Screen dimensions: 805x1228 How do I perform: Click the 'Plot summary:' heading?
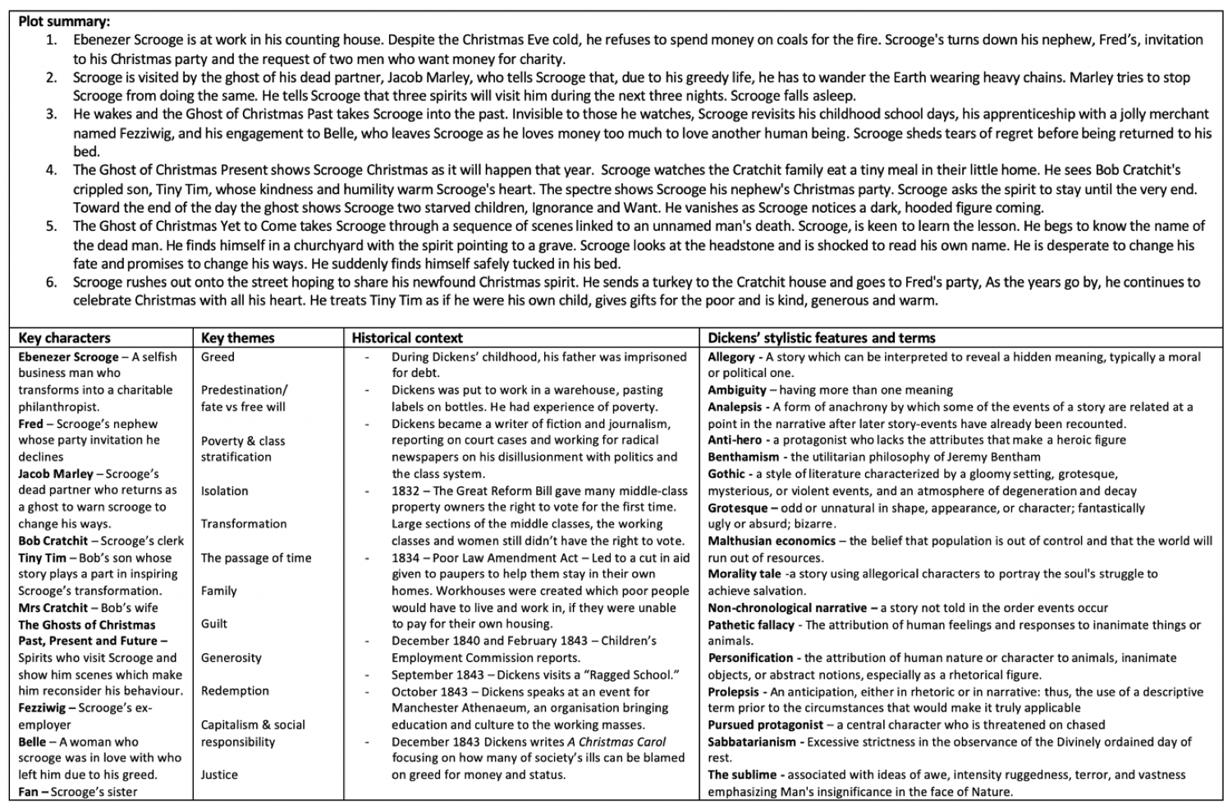tap(64, 22)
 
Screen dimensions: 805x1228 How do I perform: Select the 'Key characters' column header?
tap(64, 338)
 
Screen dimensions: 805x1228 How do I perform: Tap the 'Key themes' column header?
tap(238, 338)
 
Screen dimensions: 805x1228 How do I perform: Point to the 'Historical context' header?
tap(407, 338)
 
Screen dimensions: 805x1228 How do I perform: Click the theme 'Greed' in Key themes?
tap(218, 357)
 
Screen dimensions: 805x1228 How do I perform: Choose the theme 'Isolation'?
tap(224, 491)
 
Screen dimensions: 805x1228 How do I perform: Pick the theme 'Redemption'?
tap(235, 691)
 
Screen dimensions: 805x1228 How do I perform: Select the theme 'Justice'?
tap(219, 775)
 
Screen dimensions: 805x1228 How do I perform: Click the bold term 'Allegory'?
tap(731, 357)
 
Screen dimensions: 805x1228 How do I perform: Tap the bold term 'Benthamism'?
tap(744, 458)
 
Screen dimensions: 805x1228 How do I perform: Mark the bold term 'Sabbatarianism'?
tap(752, 742)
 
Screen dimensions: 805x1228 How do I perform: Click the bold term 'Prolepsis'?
tap(733, 692)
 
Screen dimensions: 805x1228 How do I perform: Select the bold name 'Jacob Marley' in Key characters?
tap(56, 474)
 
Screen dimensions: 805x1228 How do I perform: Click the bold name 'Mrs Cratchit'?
tap(53, 608)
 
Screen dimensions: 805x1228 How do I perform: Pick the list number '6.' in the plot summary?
tap(52, 283)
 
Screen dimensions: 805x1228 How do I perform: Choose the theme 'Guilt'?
tap(214, 624)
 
